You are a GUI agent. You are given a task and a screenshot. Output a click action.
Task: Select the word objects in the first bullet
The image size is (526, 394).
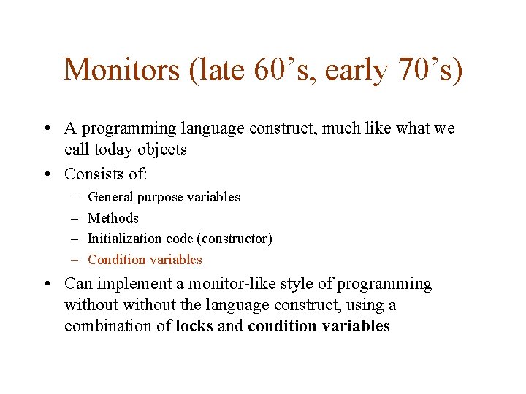tap(161, 150)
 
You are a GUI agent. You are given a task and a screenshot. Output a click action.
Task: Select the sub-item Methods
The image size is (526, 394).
tap(113, 218)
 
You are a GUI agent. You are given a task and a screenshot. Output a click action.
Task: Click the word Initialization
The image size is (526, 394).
tap(123, 239)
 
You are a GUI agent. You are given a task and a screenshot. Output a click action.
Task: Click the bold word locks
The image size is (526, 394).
tap(194, 326)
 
